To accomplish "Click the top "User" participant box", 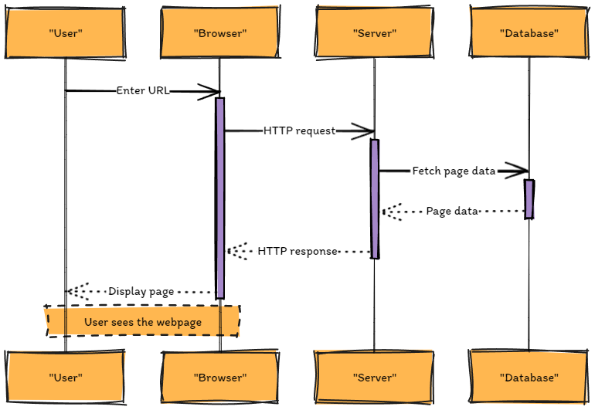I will click(65, 33).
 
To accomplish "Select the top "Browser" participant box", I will click(219, 33).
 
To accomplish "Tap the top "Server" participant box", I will click(374, 33).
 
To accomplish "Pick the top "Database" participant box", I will click(529, 33).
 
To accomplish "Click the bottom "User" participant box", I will click(65, 378).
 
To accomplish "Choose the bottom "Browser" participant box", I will click(219, 378).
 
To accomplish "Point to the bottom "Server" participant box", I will click(374, 378).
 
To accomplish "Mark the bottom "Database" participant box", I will click(529, 378).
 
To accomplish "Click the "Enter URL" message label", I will click(143, 90).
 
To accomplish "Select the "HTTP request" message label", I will click(300, 130).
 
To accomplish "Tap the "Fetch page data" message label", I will click(454, 171).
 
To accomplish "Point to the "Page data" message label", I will click(452, 211).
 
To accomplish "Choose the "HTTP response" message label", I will click(297, 251).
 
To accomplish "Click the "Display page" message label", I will click(141, 291).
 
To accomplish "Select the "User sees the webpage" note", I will click(143, 321).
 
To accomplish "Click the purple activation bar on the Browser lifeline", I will click(219, 197).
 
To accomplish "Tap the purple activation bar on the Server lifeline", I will click(374, 198).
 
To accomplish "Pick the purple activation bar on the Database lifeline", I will click(529, 198).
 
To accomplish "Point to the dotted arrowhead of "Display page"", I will click(74, 291).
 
